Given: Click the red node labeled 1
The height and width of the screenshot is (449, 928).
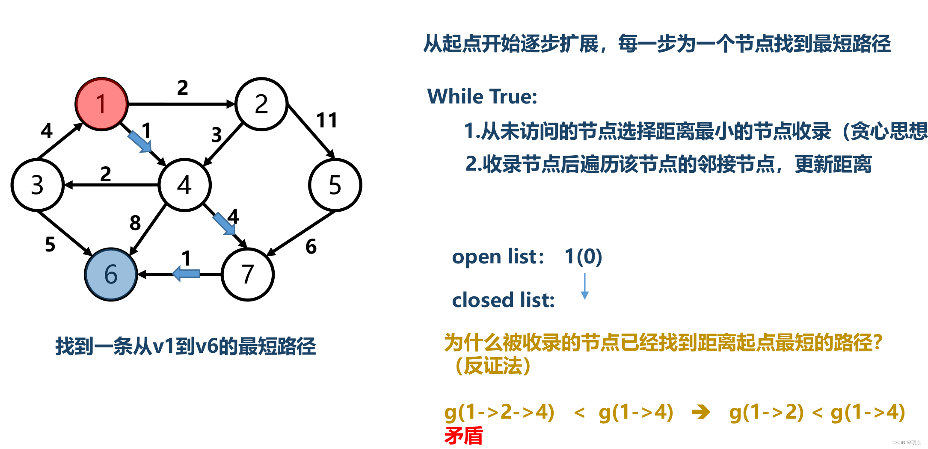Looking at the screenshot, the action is tap(101, 104).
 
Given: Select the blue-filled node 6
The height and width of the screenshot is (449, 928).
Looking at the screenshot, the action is tap(111, 274).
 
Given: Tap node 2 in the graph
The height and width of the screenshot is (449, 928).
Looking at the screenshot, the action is tap(261, 104).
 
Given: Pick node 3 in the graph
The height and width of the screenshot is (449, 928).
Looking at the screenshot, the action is tap(37, 185).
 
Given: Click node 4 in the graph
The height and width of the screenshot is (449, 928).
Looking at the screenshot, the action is tap(184, 185).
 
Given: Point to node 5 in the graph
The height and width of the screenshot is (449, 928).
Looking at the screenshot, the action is tap(335, 185).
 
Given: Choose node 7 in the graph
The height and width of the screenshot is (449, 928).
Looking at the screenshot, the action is tap(248, 274).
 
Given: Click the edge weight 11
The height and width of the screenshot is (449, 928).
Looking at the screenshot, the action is tap(327, 120).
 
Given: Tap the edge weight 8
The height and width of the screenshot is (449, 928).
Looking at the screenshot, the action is tap(135, 223).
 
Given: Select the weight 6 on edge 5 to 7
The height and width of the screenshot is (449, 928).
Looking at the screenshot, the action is tap(311, 246).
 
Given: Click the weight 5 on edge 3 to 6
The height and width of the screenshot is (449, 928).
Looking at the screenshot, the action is tap(50, 244).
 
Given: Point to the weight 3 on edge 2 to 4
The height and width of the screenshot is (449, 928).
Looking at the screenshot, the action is tap(216, 135).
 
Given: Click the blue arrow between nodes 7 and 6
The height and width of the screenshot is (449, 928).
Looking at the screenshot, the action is tap(187, 273).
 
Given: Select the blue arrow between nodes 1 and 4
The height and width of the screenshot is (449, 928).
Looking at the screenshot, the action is tap(139, 142).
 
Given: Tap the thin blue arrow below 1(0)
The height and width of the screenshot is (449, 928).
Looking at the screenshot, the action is tap(584, 286).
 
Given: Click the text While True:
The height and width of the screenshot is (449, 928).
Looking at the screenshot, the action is tap(482, 96).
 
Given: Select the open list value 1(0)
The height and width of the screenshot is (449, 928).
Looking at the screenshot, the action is tap(583, 256).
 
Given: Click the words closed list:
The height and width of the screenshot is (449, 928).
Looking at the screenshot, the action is tap(503, 300).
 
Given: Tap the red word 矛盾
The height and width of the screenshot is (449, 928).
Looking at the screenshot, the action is tap(463, 436).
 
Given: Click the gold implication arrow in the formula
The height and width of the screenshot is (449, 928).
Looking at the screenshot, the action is tap(701, 412).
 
